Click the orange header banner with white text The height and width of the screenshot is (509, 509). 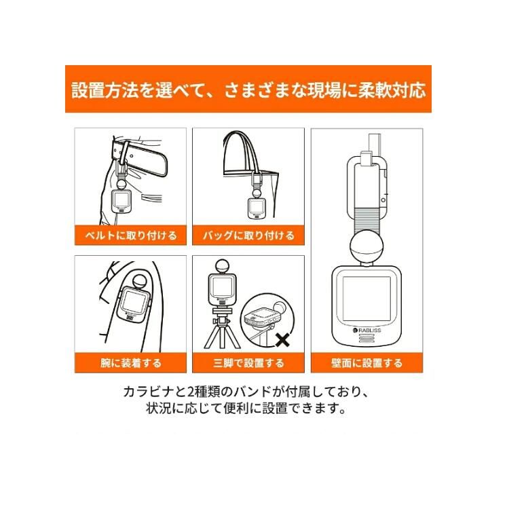click(x=248, y=89)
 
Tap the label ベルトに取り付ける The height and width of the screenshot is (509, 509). click(x=126, y=235)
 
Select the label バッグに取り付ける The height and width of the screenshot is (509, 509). click(x=248, y=235)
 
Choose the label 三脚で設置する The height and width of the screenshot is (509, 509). click(x=248, y=363)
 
